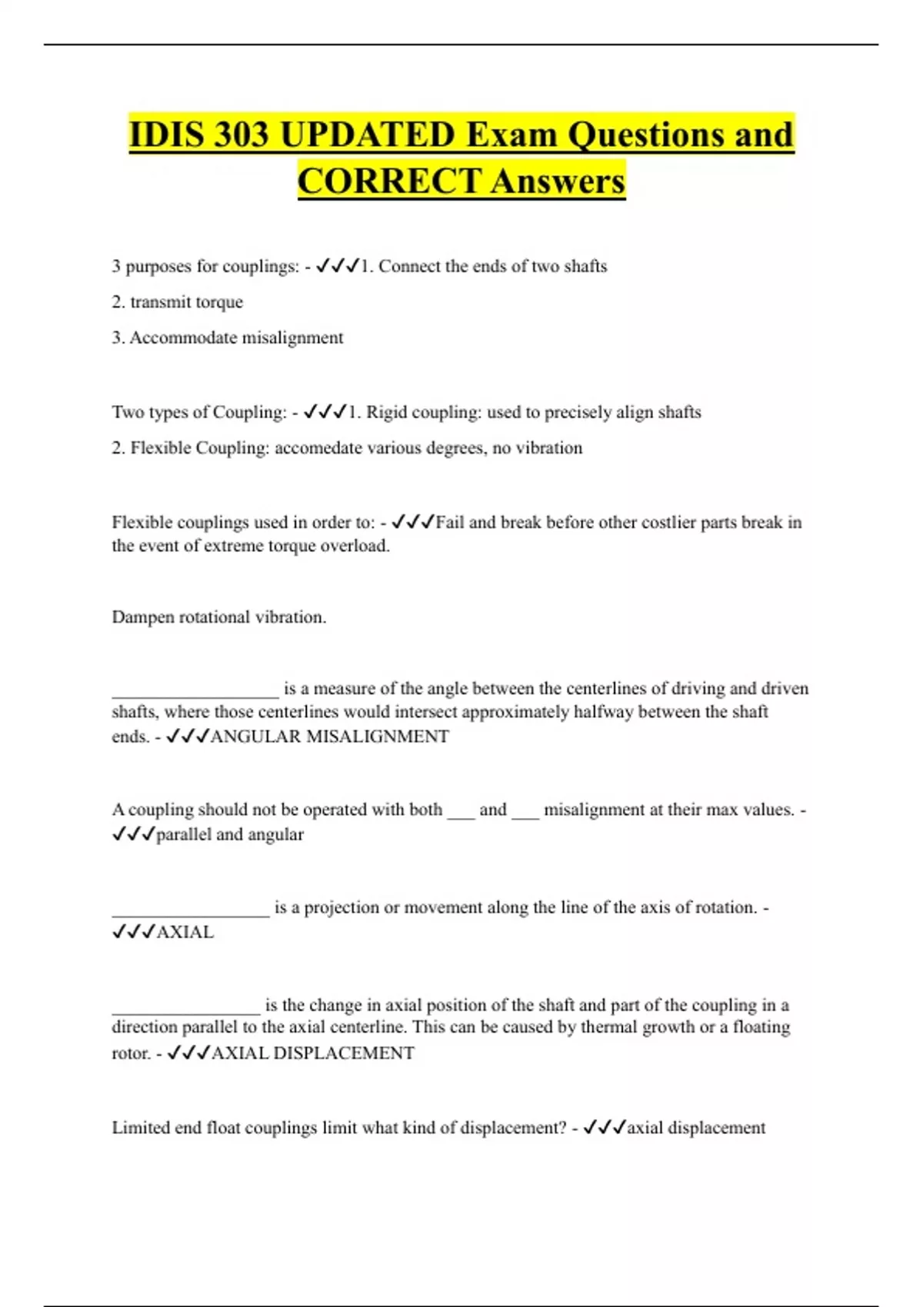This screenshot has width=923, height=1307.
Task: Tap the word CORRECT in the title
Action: click(x=389, y=182)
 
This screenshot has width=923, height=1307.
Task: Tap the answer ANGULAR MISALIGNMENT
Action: click(x=329, y=737)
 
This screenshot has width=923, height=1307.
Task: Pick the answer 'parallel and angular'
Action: click(x=229, y=835)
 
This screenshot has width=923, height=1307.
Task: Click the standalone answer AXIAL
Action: click(x=185, y=933)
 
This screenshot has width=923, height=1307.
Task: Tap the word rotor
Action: click(x=130, y=1053)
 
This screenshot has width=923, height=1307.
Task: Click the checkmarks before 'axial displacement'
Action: click(x=605, y=1128)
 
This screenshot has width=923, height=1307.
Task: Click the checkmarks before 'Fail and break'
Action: click(x=413, y=523)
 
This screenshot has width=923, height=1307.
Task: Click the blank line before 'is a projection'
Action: click(x=191, y=911)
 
